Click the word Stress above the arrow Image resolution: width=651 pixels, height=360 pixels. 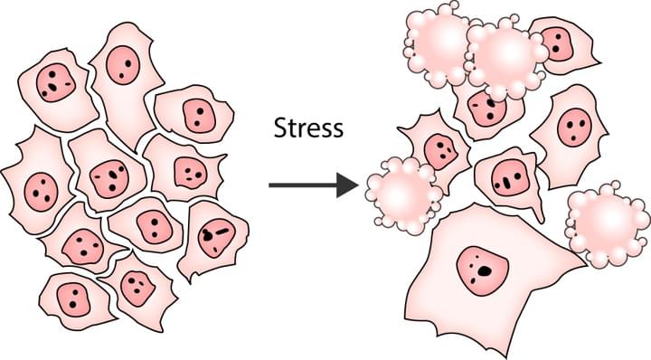308,128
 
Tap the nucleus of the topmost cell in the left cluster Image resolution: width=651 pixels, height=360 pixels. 120,64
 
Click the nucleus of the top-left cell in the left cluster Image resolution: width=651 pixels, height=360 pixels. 56,82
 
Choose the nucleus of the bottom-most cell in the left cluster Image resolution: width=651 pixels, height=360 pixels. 137,288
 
